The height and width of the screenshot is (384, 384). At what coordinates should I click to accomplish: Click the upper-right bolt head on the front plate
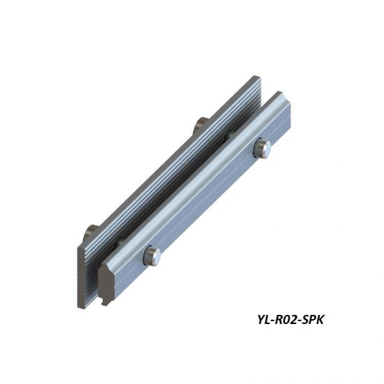click(x=263, y=149)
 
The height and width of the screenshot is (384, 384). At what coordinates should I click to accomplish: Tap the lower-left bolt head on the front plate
click(x=152, y=256)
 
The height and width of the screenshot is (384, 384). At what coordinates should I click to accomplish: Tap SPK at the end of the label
click(x=313, y=320)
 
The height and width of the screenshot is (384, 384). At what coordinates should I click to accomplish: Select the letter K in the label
click(x=319, y=320)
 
